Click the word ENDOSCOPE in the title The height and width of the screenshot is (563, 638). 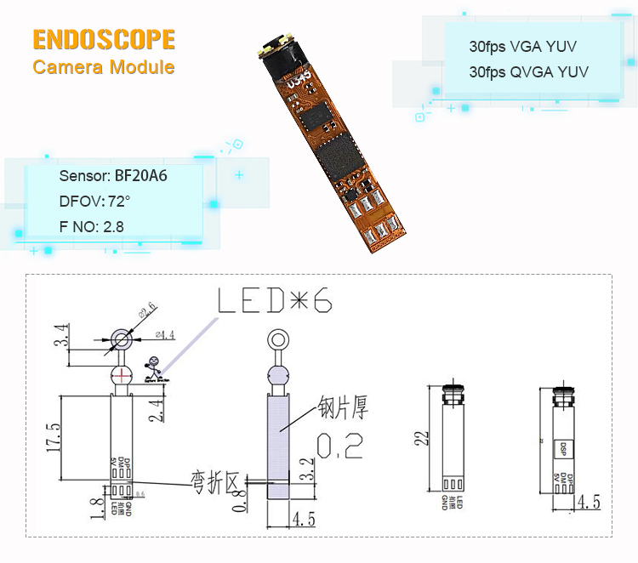tap(104, 39)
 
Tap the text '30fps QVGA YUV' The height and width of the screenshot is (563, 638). tap(528, 72)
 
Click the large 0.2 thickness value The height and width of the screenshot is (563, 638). tap(339, 445)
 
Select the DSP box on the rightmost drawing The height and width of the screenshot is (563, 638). tap(562, 447)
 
